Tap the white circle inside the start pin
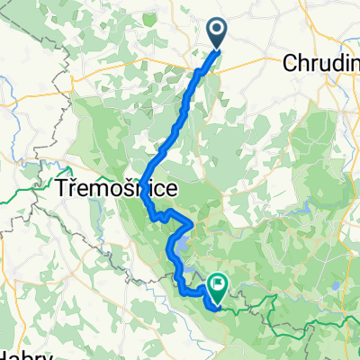(219, 29)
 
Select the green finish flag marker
(218, 287)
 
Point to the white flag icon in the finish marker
(218, 283)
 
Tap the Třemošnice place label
(116, 189)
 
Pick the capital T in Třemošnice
(63, 189)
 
